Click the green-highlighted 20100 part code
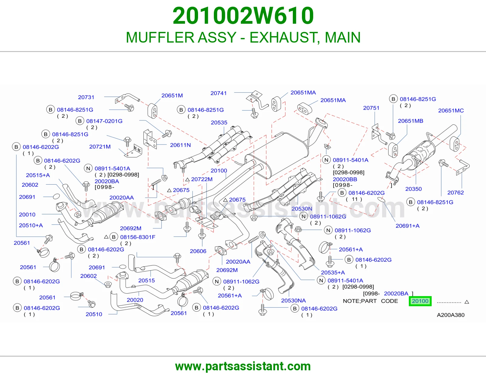pyautogui.click(x=420, y=301)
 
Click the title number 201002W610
pyautogui.click(x=243, y=16)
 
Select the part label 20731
pyautogui.click(x=86, y=97)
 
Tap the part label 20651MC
pyautogui.click(x=451, y=110)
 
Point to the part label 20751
pyautogui.click(x=371, y=108)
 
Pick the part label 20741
pyautogui.click(x=218, y=93)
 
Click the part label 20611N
pyautogui.click(x=180, y=145)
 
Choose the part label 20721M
pyautogui.click(x=100, y=147)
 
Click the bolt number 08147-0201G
pyautogui.click(x=104, y=121)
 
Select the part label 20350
pyautogui.click(x=413, y=189)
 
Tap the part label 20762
pyautogui.click(x=456, y=192)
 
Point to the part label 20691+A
pyautogui.click(x=408, y=226)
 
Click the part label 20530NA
pyautogui.click(x=293, y=300)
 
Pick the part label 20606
pyautogui.click(x=198, y=251)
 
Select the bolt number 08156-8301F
pyautogui.click(x=138, y=237)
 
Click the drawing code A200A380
pyautogui.click(x=451, y=315)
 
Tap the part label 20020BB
pyautogui.click(x=345, y=179)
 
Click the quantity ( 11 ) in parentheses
pyautogui.click(x=354, y=199)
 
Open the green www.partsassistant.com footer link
pyautogui.click(x=243, y=366)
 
